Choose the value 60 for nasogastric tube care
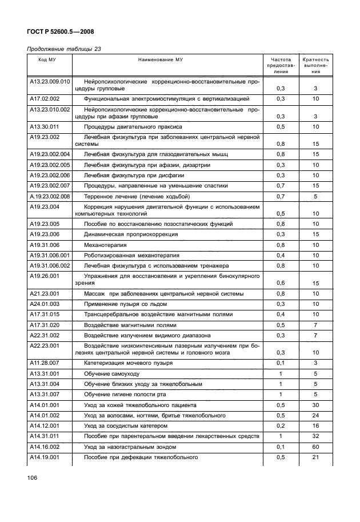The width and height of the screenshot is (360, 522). point(315,447)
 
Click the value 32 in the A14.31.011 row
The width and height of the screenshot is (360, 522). point(315,437)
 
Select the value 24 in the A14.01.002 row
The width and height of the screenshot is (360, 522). point(315,415)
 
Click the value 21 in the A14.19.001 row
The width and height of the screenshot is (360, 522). point(315,457)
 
